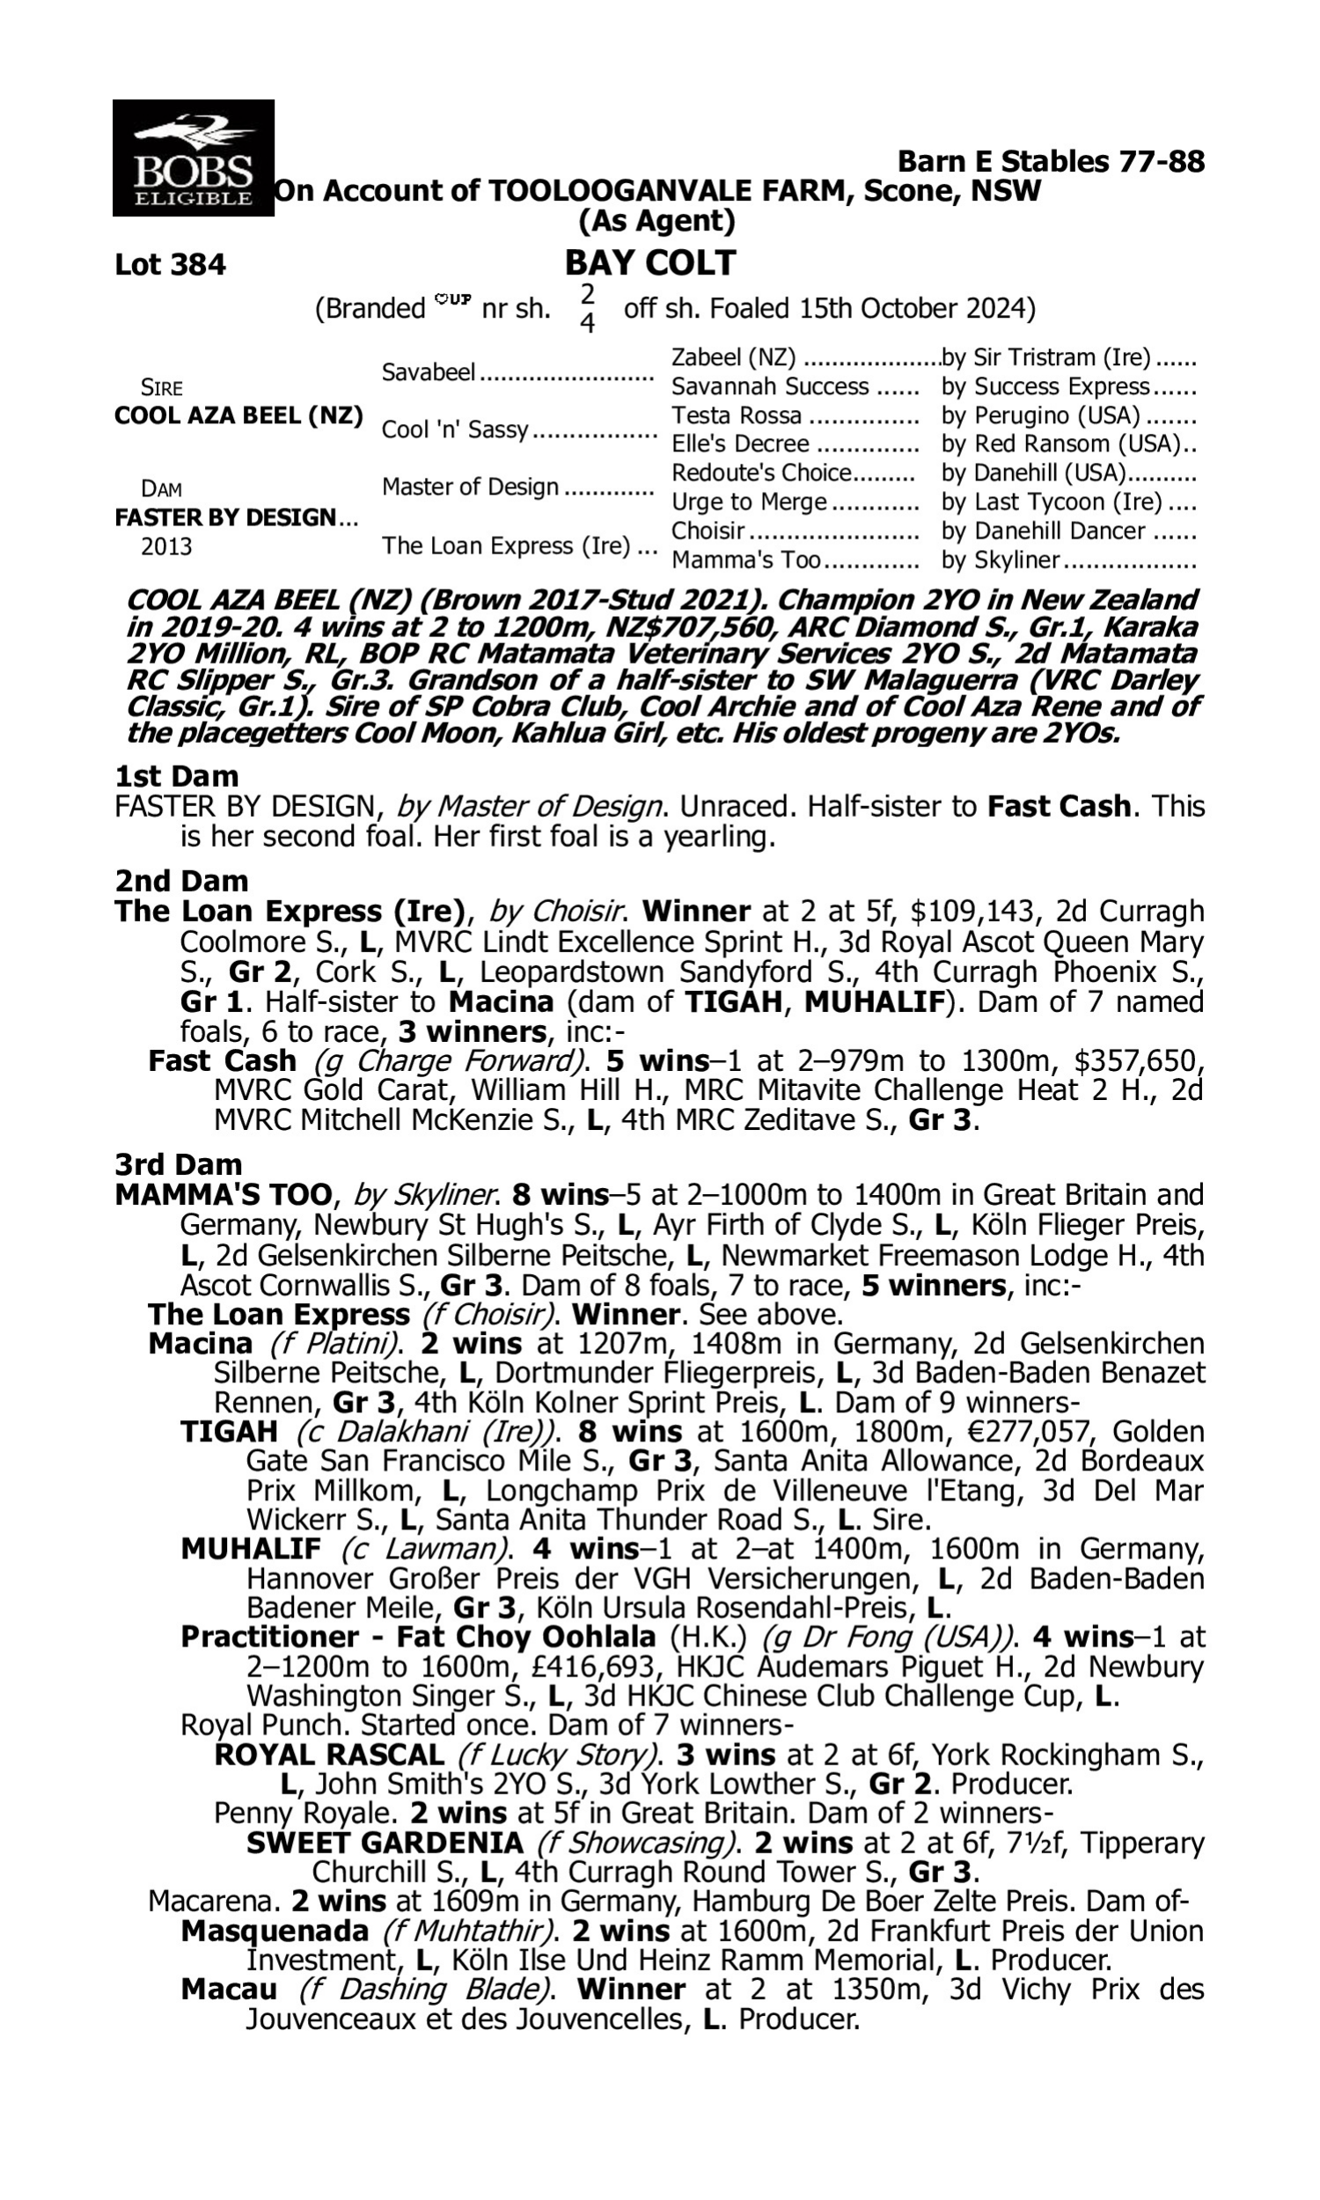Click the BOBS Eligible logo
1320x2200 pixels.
click(x=193, y=158)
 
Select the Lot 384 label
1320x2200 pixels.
click(x=170, y=265)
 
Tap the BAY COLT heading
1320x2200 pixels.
click(x=650, y=263)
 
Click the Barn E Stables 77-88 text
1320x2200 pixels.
click(x=1051, y=162)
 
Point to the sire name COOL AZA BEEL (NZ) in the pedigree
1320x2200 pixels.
click(x=238, y=416)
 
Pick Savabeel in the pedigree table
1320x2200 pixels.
click(x=429, y=371)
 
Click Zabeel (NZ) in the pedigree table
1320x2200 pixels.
click(x=733, y=357)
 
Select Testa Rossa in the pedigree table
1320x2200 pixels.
click(x=737, y=415)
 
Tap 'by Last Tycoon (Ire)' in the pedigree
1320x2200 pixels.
click(x=1052, y=502)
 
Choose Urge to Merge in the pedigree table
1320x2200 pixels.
click(x=749, y=502)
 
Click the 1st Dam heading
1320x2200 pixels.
click(x=177, y=776)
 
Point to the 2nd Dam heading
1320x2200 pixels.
click(x=181, y=881)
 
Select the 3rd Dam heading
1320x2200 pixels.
click(x=179, y=1164)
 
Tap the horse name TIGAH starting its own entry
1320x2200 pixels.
click(x=229, y=1432)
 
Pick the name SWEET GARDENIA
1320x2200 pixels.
click(x=385, y=1843)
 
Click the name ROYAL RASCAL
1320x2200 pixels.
click(x=329, y=1755)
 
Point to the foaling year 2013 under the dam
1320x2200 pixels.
click(x=166, y=546)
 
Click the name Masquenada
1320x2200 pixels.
click(x=274, y=1931)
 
